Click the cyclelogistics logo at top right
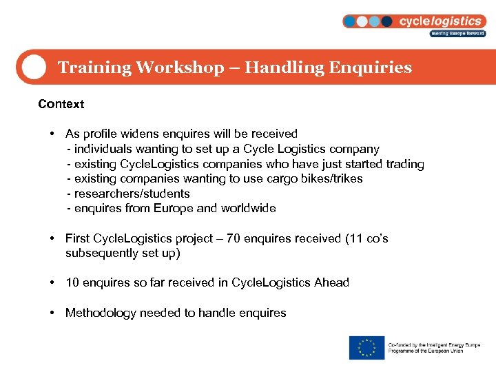(x=413, y=21)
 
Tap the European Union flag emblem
(x=366, y=347)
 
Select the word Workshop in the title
(x=180, y=68)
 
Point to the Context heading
(x=61, y=104)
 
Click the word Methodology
(x=101, y=313)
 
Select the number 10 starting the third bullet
(x=72, y=282)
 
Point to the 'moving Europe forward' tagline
(x=457, y=33)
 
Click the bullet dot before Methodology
(x=52, y=313)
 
